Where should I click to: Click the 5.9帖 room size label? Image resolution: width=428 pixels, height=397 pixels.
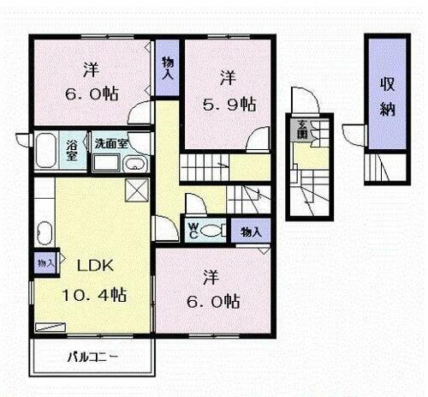tap(228, 104)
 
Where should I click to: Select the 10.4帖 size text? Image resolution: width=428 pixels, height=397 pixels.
tap(94, 294)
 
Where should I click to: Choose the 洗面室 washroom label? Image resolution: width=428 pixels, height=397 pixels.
tap(111, 144)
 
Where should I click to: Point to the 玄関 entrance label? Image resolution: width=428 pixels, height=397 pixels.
tap(303, 130)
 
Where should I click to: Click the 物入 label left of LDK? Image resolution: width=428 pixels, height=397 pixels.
tap(45, 262)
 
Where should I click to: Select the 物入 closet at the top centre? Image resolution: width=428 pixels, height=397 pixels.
tap(169, 68)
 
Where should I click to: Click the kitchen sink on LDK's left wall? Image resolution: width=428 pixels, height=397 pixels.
tap(45, 232)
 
